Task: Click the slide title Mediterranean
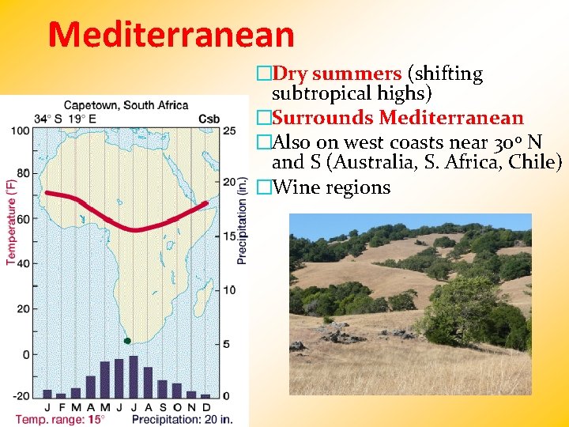click(x=171, y=34)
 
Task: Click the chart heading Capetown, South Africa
click(x=126, y=104)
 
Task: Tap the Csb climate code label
click(x=209, y=119)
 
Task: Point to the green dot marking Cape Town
click(x=127, y=341)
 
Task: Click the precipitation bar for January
click(x=47, y=393)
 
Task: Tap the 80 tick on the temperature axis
click(x=23, y=173)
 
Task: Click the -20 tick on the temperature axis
click(x=21, y=395)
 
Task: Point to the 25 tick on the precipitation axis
click(x=230, y=130)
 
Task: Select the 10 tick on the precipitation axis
click(x=230, y=290)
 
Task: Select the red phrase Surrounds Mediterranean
click(x=398, y=118)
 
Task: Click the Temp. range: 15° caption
click(x=60, y=418)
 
